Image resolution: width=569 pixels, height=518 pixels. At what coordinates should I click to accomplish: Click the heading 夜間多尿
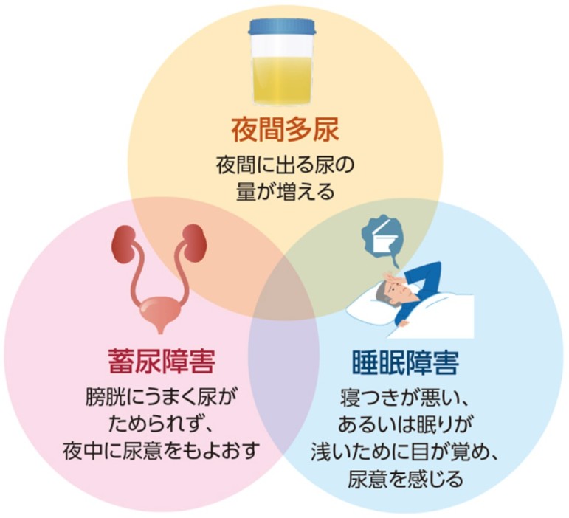[284, 131]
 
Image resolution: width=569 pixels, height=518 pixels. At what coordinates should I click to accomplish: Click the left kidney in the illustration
[125, 244]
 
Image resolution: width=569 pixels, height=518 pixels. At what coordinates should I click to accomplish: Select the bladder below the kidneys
[159, 311]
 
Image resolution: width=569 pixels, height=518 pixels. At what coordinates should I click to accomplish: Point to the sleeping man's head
[383, 291]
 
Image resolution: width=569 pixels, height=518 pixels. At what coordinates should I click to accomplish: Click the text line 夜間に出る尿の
[284, 165]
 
